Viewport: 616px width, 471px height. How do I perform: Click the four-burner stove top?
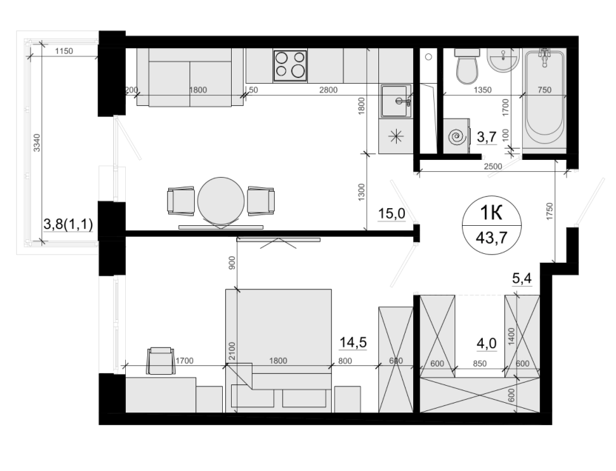coord(290,66)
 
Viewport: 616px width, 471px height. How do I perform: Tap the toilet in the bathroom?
coord(467,67)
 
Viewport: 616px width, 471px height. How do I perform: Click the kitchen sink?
coord(395,101)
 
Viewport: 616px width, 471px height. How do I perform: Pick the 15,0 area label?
coord(391,214)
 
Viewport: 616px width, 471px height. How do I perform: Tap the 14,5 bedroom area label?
coord(352,343)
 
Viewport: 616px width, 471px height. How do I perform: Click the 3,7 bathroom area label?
coord(486,137)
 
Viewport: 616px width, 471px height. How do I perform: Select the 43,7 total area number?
coord(492,237)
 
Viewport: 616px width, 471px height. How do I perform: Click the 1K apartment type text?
coord(491,213)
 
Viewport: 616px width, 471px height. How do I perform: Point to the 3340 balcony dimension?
coord(36,143)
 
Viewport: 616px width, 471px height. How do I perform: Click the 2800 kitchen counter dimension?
coord(329,90)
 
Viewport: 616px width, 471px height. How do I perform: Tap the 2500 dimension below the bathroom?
coord(492,166)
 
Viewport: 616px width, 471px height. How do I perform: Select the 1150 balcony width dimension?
coord(64,51)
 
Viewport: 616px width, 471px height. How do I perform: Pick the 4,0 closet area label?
coord(486,344)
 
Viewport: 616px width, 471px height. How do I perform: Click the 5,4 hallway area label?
coord(522,278)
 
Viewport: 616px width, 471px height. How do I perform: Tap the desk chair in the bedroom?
coord(160,361)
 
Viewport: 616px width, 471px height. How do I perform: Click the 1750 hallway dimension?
coord(549,211)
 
